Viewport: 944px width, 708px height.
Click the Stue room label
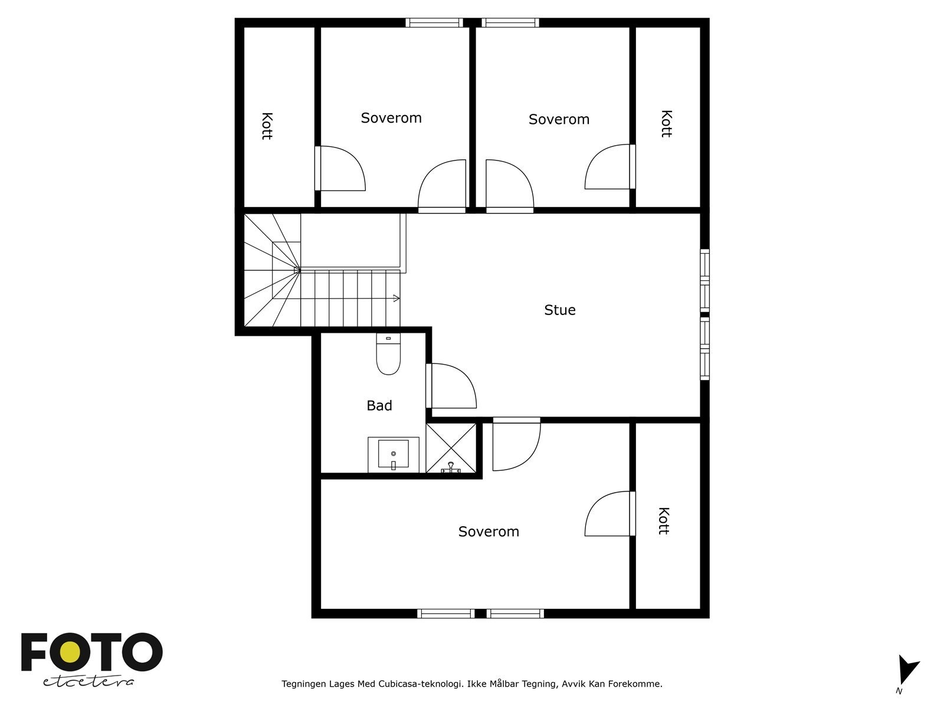point(559,310)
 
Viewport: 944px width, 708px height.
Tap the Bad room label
point(379,405)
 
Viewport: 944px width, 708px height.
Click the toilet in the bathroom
point(388,354)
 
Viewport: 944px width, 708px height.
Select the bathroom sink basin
point(393,454)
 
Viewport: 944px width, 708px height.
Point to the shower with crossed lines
point(451,448)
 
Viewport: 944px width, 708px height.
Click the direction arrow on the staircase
point(396,299)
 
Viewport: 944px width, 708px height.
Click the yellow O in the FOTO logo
point(70,652)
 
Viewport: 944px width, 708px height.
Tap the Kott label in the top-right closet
point(666,124)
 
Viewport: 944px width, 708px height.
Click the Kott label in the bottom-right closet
point(664,521)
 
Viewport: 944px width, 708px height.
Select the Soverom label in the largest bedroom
point(489,532)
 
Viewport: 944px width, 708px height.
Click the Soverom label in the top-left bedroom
point(391,118)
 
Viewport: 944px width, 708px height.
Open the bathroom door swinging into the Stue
point(451,386)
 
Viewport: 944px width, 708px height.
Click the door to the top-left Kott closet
point(340,169)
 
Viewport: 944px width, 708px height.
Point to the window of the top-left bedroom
point(434,23)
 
